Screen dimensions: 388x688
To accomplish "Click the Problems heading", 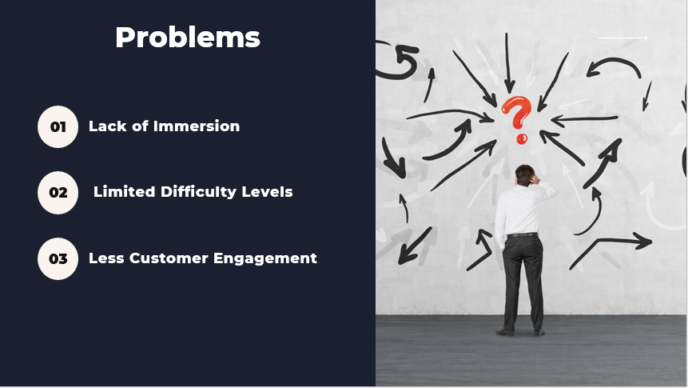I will tap(188, 38).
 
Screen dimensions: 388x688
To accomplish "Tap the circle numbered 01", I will tap(58, 126).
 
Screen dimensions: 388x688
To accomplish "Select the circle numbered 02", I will tap(58, 193).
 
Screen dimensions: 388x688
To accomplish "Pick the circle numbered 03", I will tap(58, 258).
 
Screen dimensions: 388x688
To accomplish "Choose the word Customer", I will tap(169, 258).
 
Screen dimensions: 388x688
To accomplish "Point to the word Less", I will tap(106, 258).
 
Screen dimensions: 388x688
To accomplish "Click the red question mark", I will tap(517, 118).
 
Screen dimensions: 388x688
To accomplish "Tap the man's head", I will tap(524, 174).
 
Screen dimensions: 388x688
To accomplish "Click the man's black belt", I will tap(523, 234).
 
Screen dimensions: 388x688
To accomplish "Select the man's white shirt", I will tap(521, 210).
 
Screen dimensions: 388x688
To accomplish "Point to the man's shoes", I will tap(520, 332).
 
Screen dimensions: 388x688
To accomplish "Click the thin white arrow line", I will tap(622, 38).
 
